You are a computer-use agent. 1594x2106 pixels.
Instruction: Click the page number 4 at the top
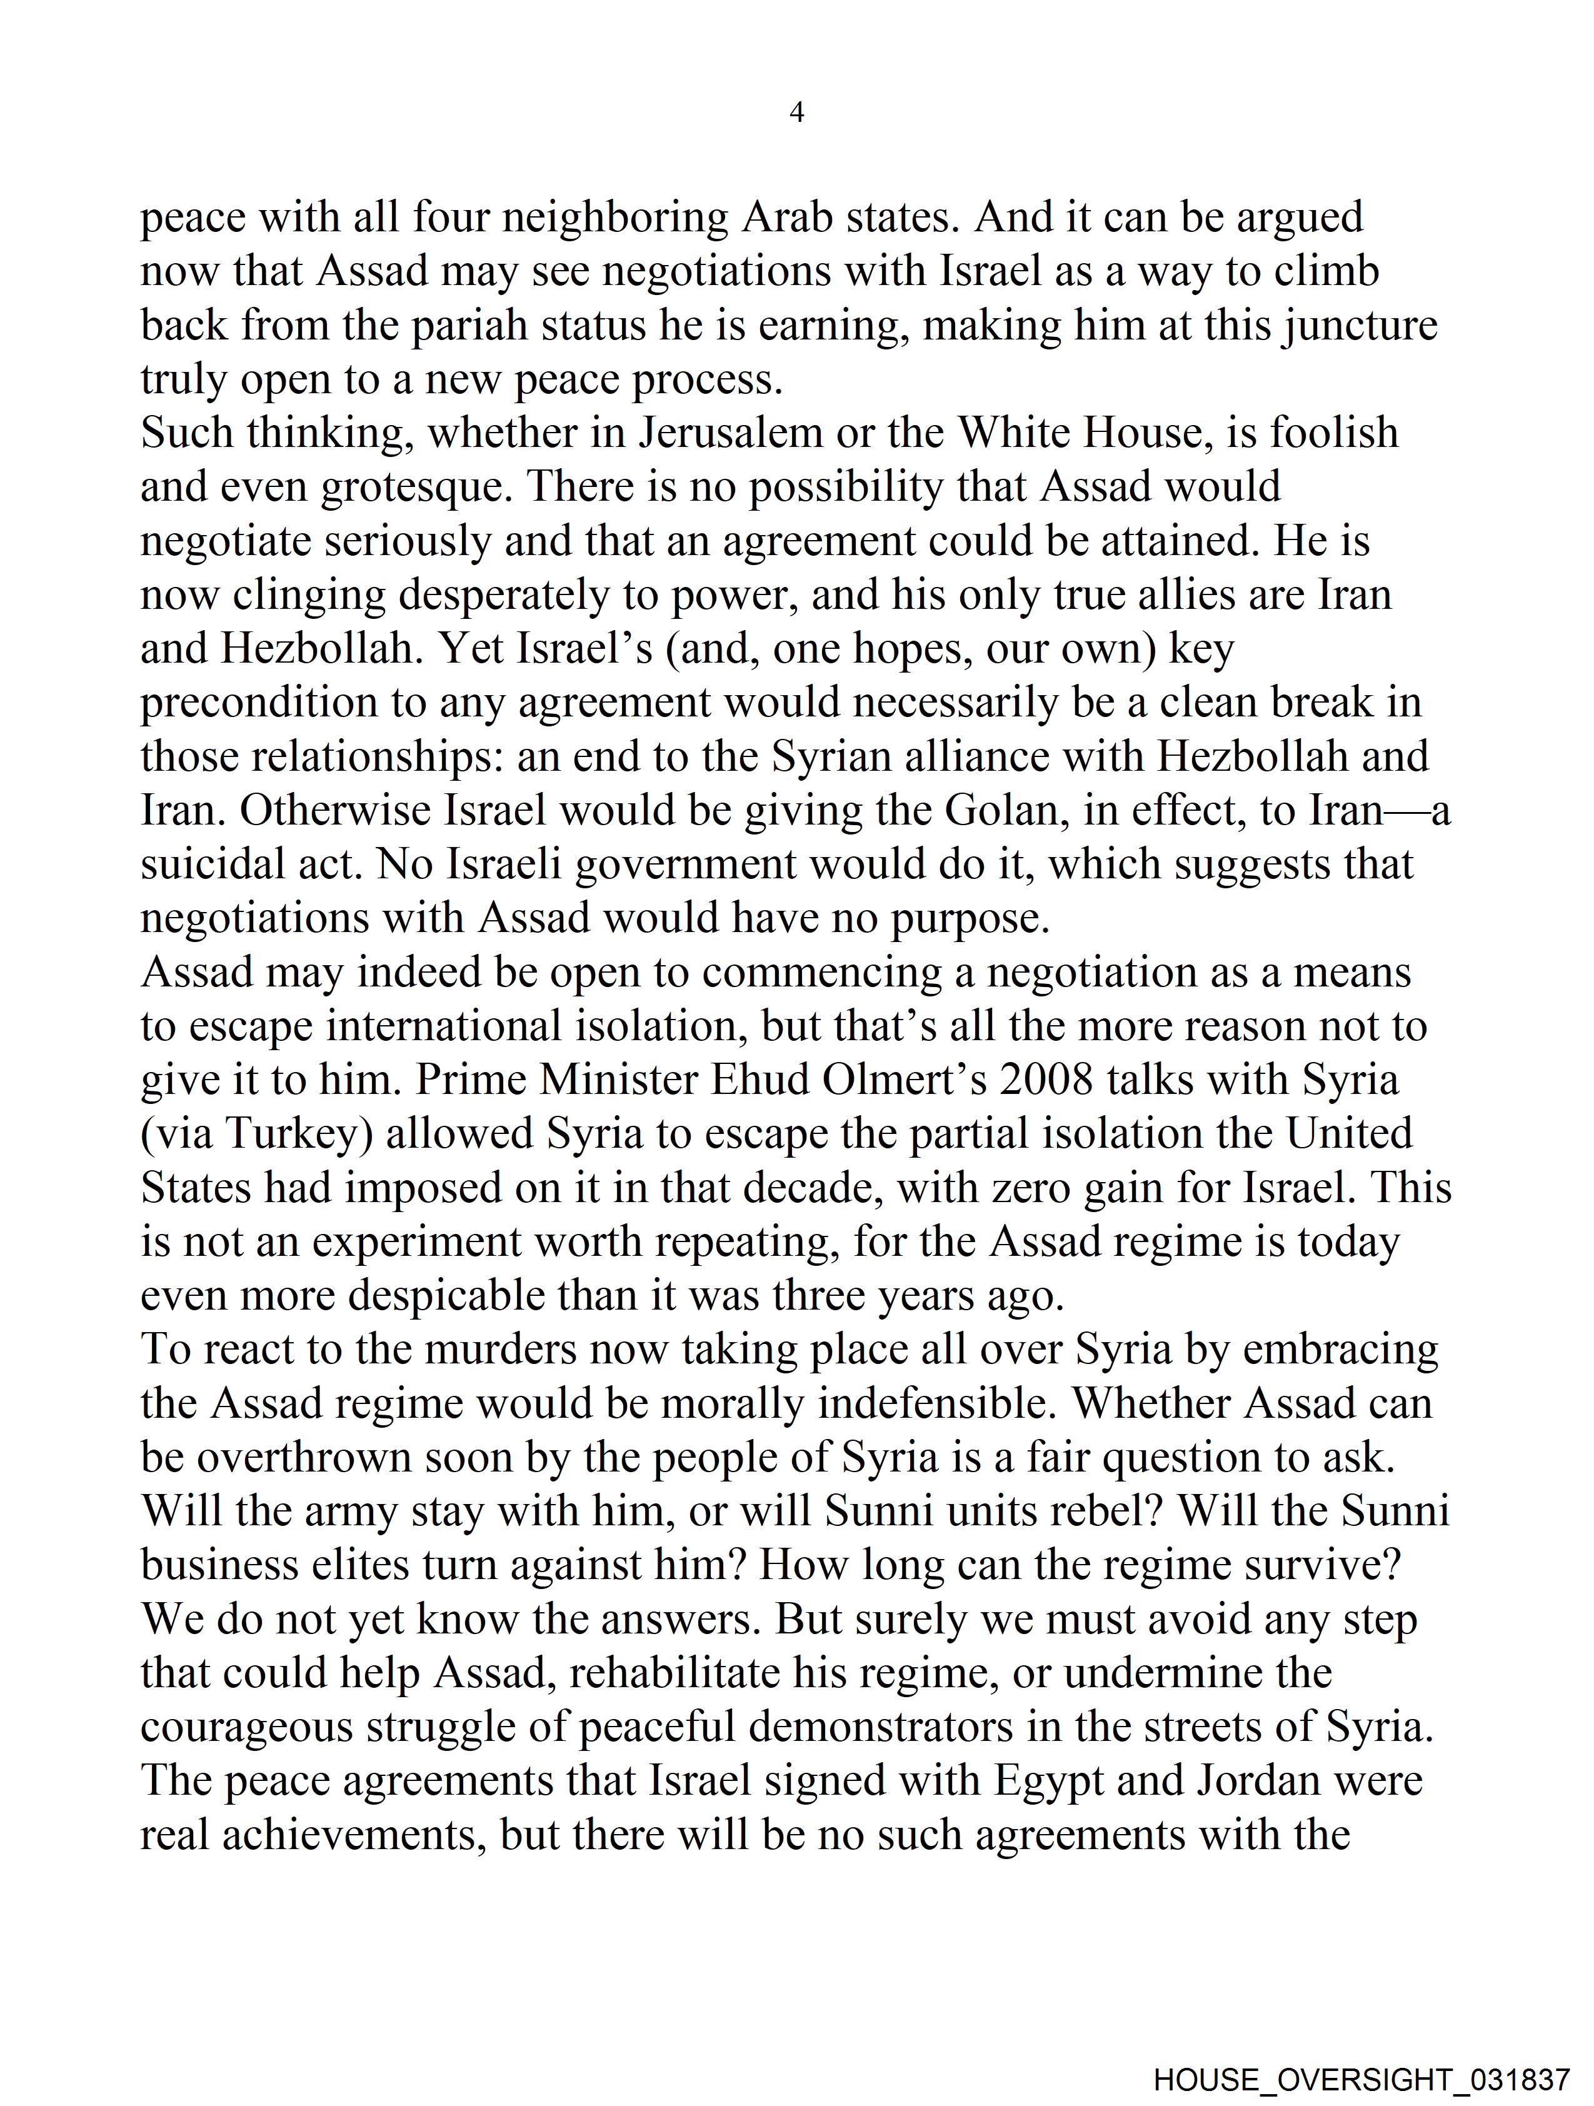[797, 113]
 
